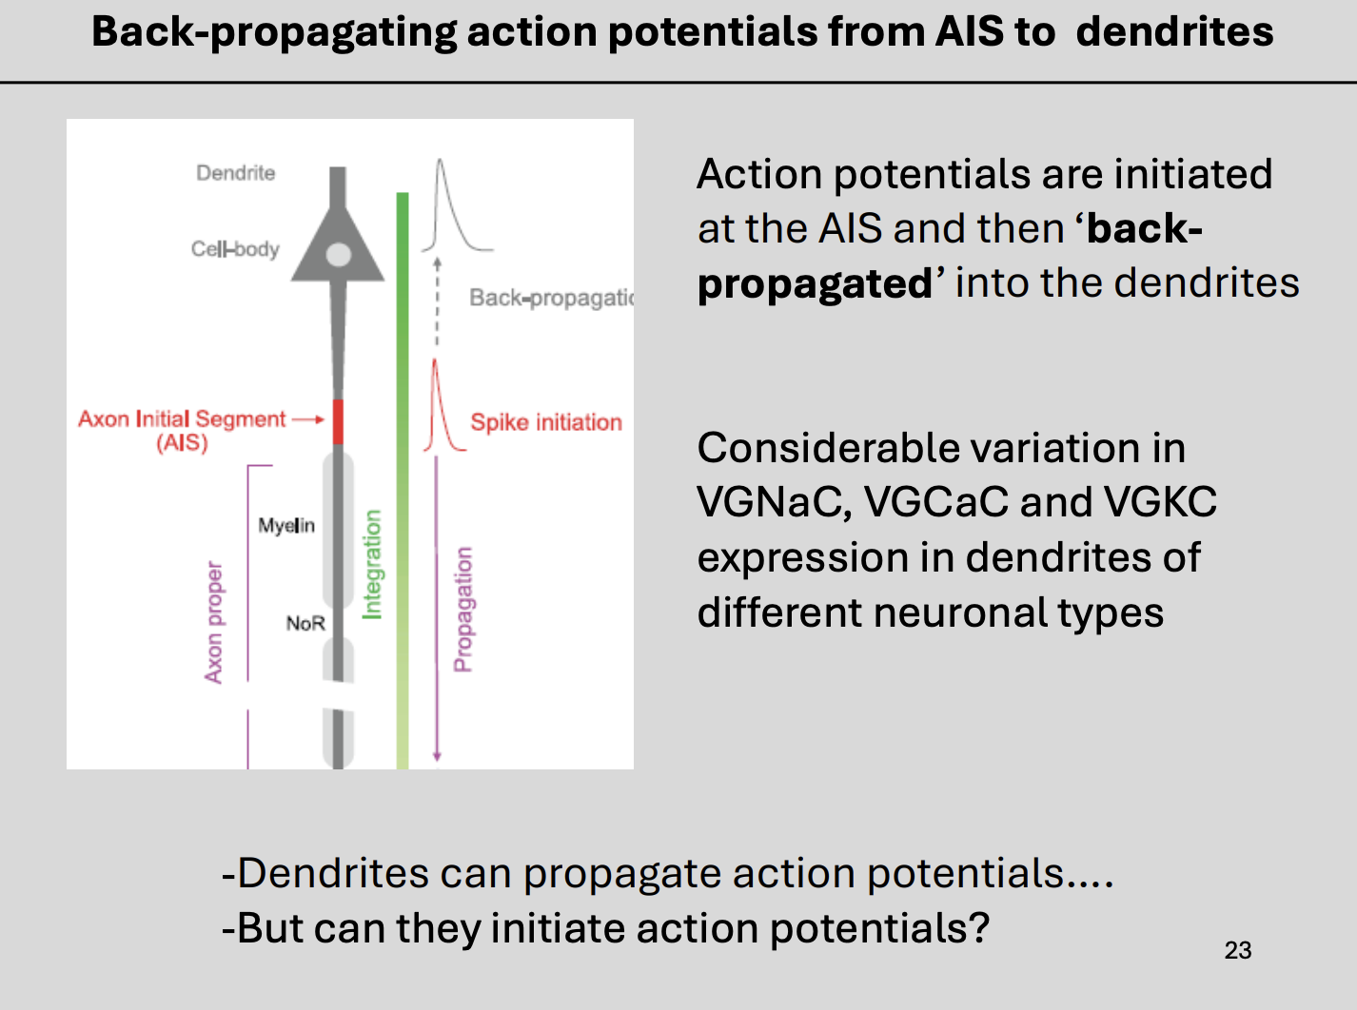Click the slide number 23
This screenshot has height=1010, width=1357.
click(x=1237, y=950)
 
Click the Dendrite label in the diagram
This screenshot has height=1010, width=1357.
click(x=235, y=173)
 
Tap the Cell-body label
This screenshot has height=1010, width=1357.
click(x=235, y=249)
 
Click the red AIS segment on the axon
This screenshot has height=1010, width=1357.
click(x=338, y=421)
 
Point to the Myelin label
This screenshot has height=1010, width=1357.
click(x=285, y=525)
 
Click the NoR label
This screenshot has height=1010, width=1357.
click(x=305, y=623)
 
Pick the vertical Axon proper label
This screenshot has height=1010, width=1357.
click(x=214, y=622)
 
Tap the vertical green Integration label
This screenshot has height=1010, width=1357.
click(x=372, y=564)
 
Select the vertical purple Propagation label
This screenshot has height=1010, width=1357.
click(x=462, y=609)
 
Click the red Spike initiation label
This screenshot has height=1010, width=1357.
click(x=546, y=422)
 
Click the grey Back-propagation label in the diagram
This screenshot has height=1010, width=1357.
click(x=550, y=298)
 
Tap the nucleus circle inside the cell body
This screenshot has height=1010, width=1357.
click(x=338, y=255)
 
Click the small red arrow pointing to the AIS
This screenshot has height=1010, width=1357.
click(x=307, y=419)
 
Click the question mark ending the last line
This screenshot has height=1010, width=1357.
click(x=979, y=927)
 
